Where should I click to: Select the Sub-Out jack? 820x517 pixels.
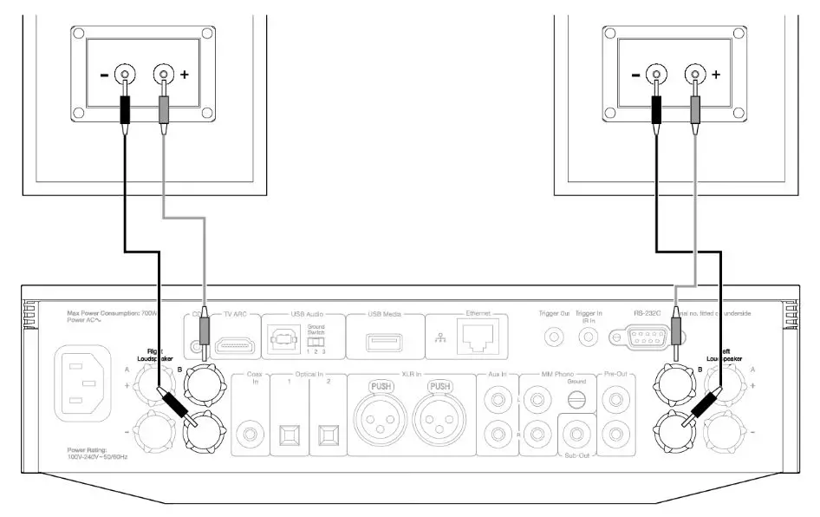click(x=573, y=431)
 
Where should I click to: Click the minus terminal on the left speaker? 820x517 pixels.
click(x=126, y=75)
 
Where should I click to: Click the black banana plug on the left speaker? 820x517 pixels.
click(x=126, y=110)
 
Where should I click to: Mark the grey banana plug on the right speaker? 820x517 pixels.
click(x=693, y=110)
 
